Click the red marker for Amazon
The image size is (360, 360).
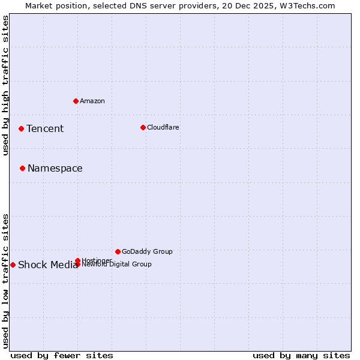pyautogui.click(x=76, y=101)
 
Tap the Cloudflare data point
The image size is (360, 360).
pyautogui.click(x=143, y=127)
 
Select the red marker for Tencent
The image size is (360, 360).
pyautogui.click(x=21, y=128)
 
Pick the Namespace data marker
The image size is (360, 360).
pyautogui.click(x=22, y=168)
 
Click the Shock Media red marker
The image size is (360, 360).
pyautogui.click(x=13, y=265)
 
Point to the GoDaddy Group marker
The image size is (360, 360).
pyautogui.click(x=118, y=251)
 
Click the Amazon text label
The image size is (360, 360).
pyautogui.click(x=92, y=101)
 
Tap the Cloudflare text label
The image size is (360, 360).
pyautogui.click(x=163, y=127)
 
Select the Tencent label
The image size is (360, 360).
pyautogui.click(x=45, y=128)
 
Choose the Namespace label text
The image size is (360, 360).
pyautogui.click(x=55, y=168)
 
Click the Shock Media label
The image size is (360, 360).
pyautogui.click(x=48, y=265)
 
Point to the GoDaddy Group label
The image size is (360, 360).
pyautogui.click(x=147, y=251)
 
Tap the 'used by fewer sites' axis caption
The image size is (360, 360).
pyautogui.click(x=62, y=355)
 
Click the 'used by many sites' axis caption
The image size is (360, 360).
pyautogui.click(x=301, y=355)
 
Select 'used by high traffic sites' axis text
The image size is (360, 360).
pyautogui.click(x=6, y=85)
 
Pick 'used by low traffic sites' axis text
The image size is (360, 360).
pyautogui.click(x=6, y=280)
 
